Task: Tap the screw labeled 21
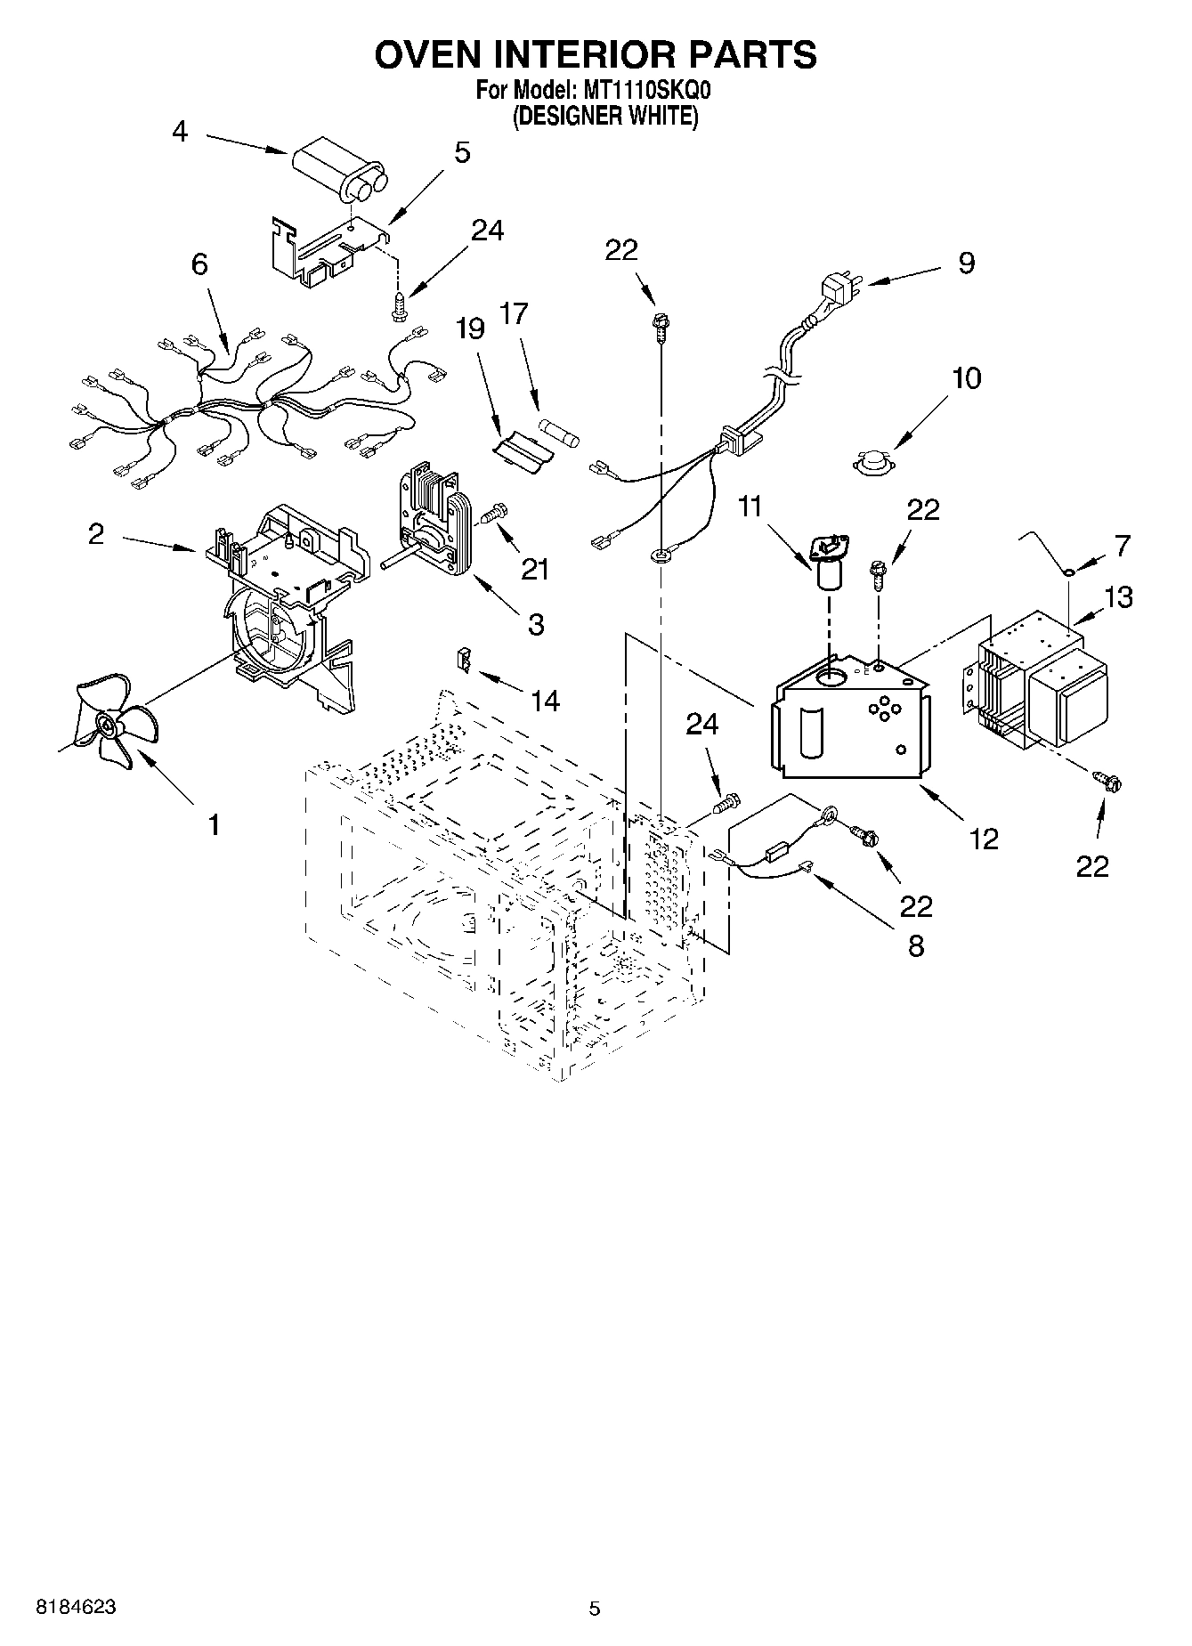click(x=492, y=514)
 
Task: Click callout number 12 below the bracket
click(x=985, y=838)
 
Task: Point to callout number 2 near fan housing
click(x=96, y=534)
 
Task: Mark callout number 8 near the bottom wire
click(x=915, y=945)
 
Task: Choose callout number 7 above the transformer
click(x=1120, y=545)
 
